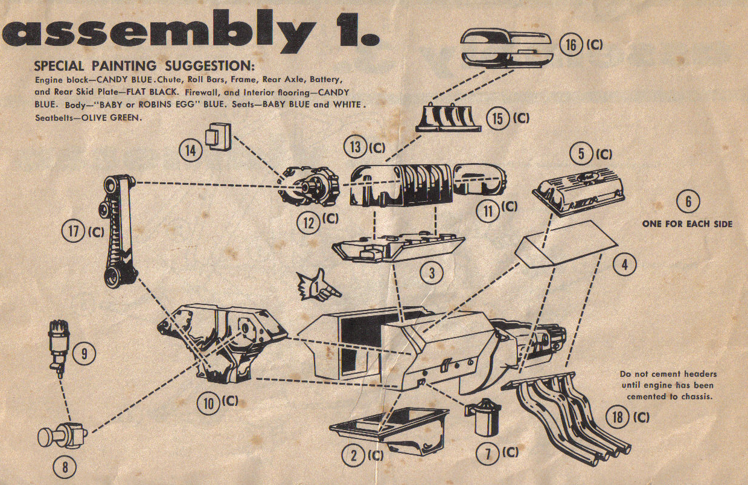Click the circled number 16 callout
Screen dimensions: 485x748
point(571,45)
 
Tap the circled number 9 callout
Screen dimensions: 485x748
point(84,354)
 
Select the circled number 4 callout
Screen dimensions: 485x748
point(625,263)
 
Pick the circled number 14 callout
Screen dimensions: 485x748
point(190,150)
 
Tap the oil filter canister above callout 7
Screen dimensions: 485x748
point(484,417)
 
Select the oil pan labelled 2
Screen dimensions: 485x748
point(389,429)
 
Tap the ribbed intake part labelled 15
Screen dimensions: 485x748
point(449,116)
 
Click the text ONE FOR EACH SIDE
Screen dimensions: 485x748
point(687,224)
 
